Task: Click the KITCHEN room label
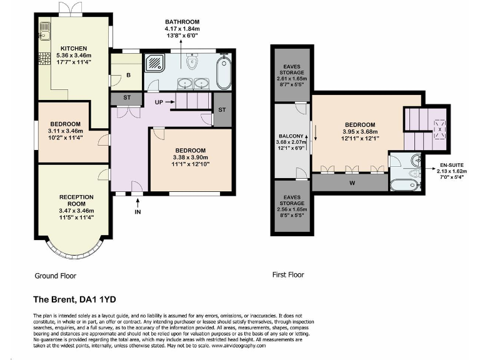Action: pyautogui.click(x=73, y=48)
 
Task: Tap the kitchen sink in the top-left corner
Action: pyautogui.click(x=44, y=29)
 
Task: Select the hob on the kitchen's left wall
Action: pyautogui.click(x=44, y=61)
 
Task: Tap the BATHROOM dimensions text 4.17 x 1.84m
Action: pyautogui.click(x=181, y=29)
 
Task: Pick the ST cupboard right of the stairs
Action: pyautogui.click(x=222, y=110)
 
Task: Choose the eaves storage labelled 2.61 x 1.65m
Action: pyautogui.click(x=291, y=76)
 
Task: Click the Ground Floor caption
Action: pyautogui.click(x=55, y=275)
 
